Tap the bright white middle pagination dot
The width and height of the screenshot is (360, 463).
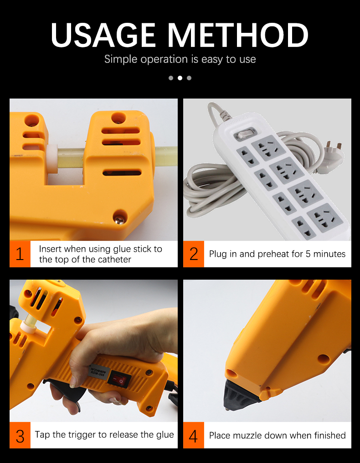tap(180, 78)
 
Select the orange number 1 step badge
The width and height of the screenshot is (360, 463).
tap(20, 254)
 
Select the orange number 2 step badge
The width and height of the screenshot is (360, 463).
tap(194, 254)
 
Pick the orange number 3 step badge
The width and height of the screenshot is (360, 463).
tap(20, 435)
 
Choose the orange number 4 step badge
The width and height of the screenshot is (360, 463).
tap(194, 435)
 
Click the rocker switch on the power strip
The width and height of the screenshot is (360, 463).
tap(245, 135)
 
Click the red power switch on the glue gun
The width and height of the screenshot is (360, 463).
tap(119, 380)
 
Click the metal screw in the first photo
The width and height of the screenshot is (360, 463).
tap(120, 219)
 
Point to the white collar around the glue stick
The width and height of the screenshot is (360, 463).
tap(52, 159)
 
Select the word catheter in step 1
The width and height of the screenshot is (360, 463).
tap(114, 260)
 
